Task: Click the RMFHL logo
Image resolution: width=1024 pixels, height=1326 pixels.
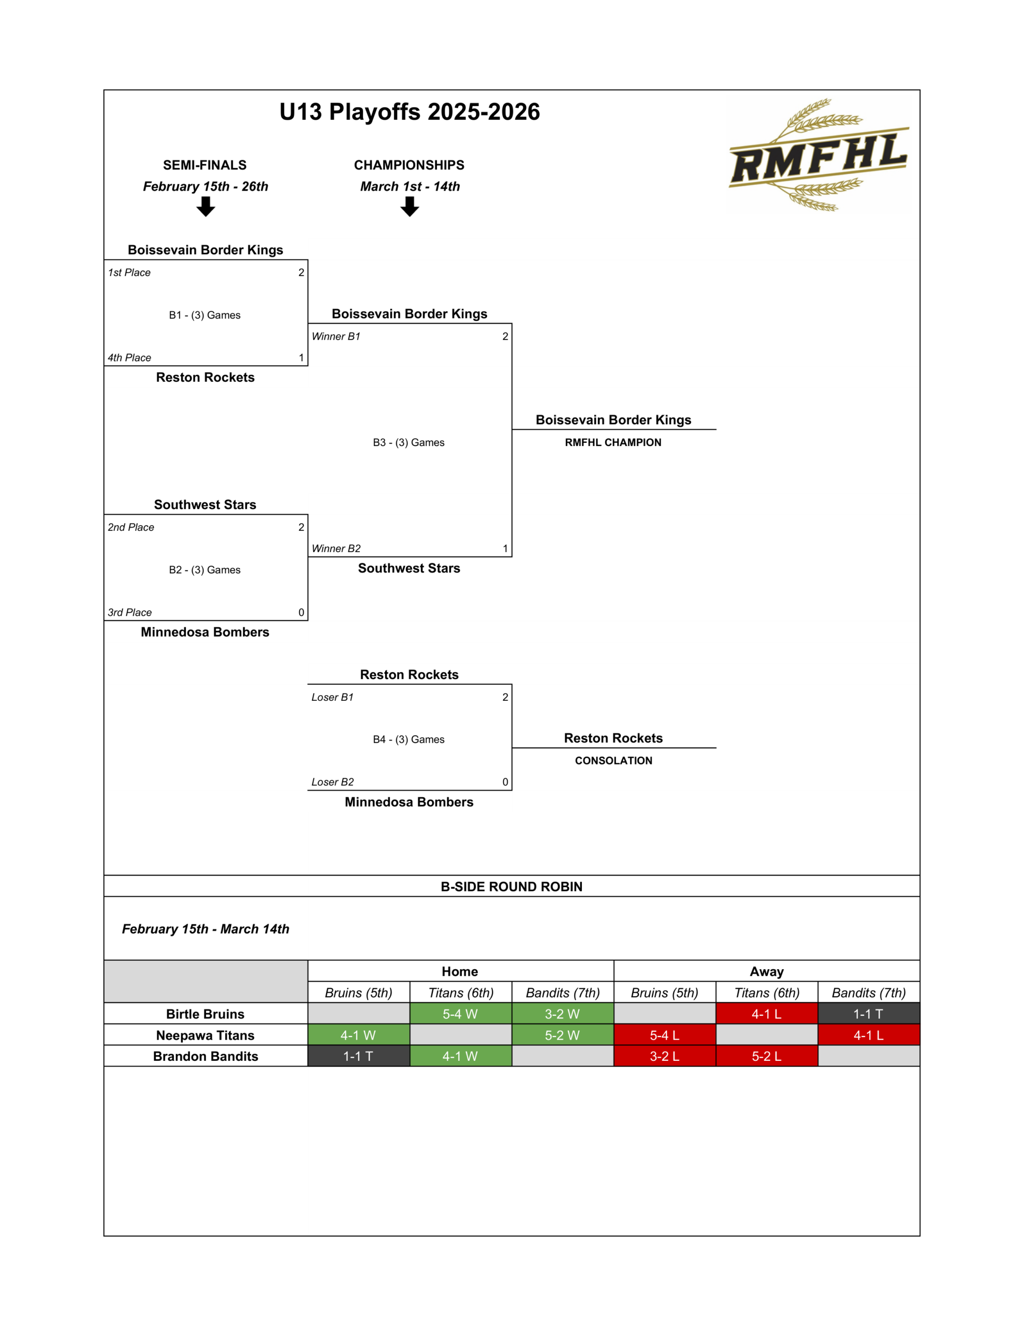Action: pos(818,155)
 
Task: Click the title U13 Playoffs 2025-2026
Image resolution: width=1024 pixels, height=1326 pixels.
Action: pos(409,112)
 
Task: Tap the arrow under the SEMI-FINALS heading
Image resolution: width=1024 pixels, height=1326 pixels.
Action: pos(206,207)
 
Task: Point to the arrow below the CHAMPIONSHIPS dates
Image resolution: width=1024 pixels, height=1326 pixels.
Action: pos(409,207)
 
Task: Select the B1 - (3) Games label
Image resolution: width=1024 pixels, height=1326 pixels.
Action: pos(204,315)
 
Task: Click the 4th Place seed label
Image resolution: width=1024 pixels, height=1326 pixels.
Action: pos(129,357)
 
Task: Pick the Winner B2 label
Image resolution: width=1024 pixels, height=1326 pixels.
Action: pos(335,548)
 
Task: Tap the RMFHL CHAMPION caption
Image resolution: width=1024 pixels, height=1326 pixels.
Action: pos(613,443)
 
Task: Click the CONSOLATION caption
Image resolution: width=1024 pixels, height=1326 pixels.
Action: pos(613,761)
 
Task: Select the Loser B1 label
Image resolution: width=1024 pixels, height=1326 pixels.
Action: pos(332,697)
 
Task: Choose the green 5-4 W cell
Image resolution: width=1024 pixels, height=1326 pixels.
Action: pos(460,1014)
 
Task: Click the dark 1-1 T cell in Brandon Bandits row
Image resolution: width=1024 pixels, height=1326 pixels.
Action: pos(358,1057)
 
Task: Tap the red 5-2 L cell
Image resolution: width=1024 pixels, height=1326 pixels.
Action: pos(767,1057)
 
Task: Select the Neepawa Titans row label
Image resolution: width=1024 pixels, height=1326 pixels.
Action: pos(205,1035)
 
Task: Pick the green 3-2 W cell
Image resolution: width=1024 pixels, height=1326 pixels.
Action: pos(562,1014)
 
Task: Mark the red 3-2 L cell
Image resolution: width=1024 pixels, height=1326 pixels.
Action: pos(665,1057)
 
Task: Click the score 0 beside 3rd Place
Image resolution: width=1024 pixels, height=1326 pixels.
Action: pos(301,612)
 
